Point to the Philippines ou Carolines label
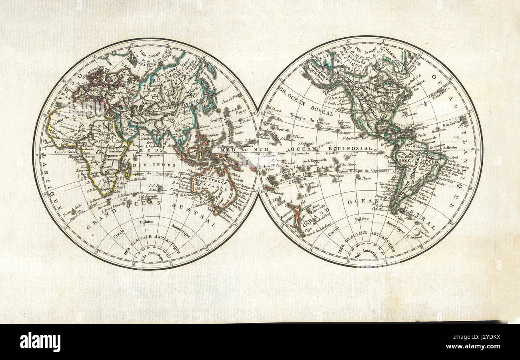[x=236, y=146]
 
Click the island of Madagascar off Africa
[x=128, y=170]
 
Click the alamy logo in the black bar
[x=40, y=342]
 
